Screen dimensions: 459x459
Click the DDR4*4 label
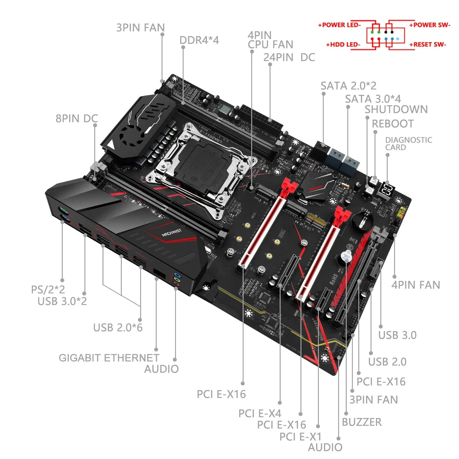tap(199, 40)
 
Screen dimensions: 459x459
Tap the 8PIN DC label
tap(76, 118)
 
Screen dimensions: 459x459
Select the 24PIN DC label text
tap(289, 58)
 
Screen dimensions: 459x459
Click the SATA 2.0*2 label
tap(348, 86)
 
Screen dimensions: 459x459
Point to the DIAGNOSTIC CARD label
tap(408, 144)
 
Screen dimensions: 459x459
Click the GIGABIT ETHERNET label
tap(109, 358)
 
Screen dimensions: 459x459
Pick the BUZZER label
tap(362, 422)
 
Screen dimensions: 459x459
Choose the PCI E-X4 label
tap(259, 413)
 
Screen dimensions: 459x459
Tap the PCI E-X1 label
tap(300, 437)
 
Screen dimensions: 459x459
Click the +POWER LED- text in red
tap(339, 25)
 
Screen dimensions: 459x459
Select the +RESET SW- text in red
tap(428, 45)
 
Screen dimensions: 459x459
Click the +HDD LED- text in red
tap(343, 45)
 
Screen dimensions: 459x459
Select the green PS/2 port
tap(63, 211)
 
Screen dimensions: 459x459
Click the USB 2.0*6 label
tap(118, 328)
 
